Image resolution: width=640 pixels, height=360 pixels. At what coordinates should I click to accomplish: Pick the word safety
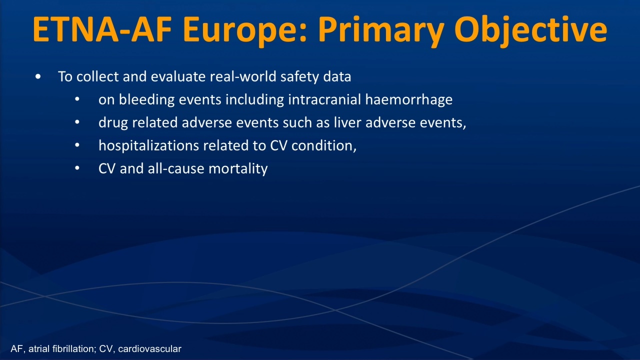tap(299, 77)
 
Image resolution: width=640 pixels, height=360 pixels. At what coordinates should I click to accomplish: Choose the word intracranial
tap(324, 99)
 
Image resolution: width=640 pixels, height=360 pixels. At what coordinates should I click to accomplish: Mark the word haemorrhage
tap(409, 100)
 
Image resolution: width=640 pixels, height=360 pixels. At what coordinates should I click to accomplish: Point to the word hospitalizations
tap(148, 145)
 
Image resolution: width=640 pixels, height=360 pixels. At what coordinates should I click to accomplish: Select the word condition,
tap(324, 145)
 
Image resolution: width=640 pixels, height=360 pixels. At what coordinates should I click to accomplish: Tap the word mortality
tap(238, 169)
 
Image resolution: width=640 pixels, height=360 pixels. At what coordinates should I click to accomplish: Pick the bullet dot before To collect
tap(38, 76)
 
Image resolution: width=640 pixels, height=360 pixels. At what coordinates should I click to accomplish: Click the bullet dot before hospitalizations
tap(77, 145)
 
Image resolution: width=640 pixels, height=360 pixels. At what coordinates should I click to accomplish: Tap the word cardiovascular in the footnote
tap(149, 349)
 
